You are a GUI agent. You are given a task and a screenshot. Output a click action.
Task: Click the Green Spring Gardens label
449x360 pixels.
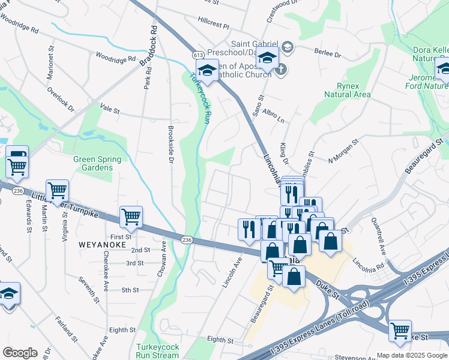97,163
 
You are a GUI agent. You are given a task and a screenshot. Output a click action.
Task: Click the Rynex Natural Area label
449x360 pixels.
347,90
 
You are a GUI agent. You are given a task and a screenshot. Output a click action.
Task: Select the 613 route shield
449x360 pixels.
198,55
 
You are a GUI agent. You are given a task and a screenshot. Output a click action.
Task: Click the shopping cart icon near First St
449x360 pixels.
131,217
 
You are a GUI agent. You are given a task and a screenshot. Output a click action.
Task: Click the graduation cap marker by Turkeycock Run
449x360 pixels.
208,70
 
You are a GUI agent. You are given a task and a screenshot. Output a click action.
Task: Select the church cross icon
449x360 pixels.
280,69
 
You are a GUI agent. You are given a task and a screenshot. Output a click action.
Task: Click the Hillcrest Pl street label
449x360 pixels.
214,27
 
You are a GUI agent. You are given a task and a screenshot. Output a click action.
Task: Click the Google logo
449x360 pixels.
19,353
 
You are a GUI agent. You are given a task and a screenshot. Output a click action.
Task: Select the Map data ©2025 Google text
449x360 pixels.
412,355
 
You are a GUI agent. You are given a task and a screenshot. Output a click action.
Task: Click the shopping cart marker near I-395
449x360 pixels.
400,330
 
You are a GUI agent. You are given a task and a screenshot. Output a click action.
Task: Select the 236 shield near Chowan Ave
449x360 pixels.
186,240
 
